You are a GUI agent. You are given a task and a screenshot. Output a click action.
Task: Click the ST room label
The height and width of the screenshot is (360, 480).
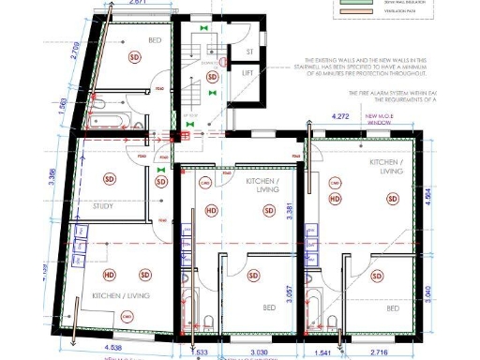249,52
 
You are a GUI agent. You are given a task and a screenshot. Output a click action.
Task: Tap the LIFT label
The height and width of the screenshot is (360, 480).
248,72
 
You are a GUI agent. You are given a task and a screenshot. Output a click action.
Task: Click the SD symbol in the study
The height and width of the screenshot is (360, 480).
110,178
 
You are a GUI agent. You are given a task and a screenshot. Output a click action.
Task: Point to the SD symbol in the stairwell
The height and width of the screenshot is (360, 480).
212,77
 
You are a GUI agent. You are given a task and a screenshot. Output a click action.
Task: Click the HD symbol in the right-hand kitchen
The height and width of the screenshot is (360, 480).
334,198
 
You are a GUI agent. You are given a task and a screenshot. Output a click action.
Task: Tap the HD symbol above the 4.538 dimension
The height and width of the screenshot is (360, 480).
110,275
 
